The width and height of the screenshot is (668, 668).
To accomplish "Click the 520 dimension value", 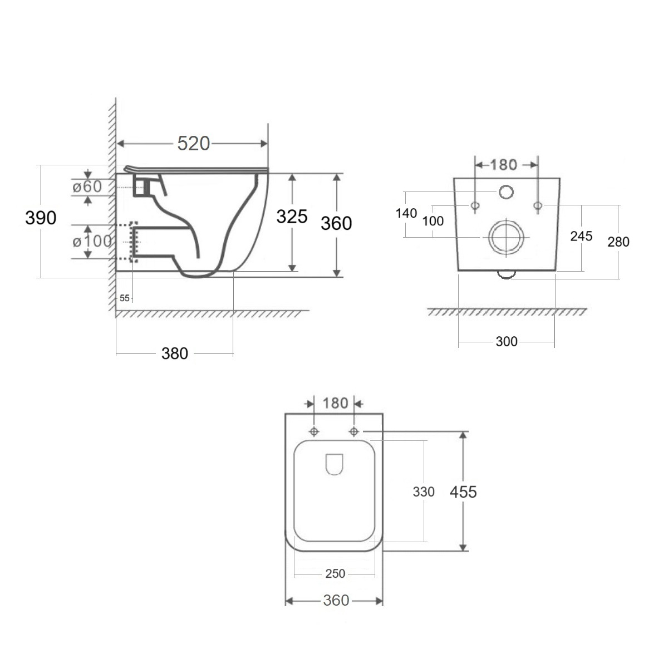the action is pos(193,143).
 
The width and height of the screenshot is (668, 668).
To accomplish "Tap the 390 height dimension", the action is pos(41,218).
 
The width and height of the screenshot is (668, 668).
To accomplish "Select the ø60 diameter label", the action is pos(87,186).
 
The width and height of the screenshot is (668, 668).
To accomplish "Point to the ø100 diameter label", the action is pos(92,241).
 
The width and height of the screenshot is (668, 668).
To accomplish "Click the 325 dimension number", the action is pos(292,217).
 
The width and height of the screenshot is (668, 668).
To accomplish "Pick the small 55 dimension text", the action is pos(125,298).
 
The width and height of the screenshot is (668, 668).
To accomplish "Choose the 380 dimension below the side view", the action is pos(175,353).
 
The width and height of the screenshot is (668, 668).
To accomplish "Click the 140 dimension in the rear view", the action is pos(406,213).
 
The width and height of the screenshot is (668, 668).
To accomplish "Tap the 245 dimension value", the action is pos(581,236).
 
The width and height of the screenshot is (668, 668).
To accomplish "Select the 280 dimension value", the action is pos(618,242).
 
